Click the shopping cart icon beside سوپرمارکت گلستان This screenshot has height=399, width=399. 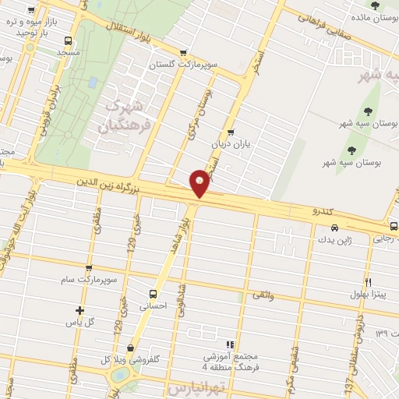pyautogui.click(x=183, y=53)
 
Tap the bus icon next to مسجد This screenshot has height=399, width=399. pyautogui.click(x=68, y=41)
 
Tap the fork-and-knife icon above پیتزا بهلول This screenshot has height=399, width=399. pyautogui.click(x=367, y=283)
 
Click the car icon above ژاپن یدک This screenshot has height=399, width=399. pyautogui.click(x=334, y=228)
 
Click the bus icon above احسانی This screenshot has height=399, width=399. pyautogui.click(x=153, y=295)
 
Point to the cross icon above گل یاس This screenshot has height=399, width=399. pyautogui.click(x=80, y=310)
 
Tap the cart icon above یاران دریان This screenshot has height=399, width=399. pyautogui.click(x=230, y=132)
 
